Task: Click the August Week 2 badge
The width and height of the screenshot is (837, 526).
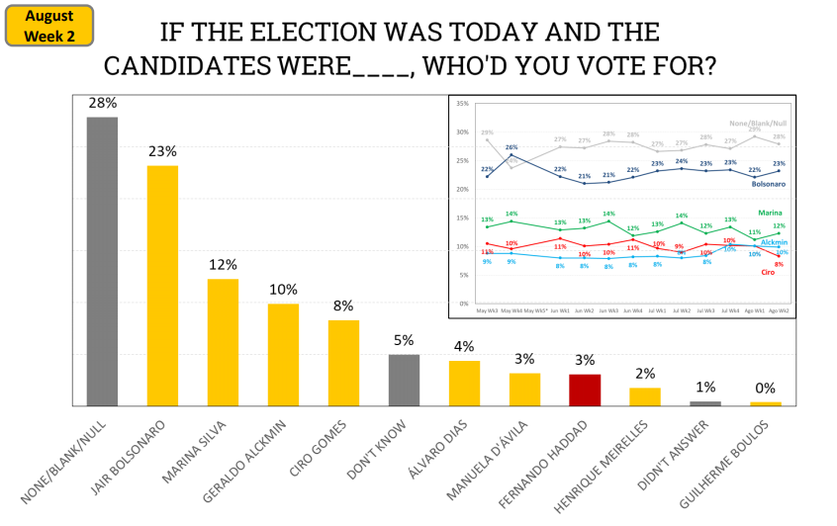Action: (x=49, y=26)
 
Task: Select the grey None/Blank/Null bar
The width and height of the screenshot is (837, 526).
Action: (x=102, y=261)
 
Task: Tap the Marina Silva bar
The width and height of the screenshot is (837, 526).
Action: (x=223, y=342)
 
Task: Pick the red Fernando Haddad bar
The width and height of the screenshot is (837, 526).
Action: (x=585, y=390)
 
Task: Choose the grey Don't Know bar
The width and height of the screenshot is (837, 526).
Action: (x=404, y=380)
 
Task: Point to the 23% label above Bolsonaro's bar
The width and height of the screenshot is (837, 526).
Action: (x=162, y=151)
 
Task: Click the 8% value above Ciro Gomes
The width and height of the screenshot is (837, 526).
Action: (x=343, y=306)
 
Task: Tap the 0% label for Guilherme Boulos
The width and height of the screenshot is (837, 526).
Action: (x=765, y=389)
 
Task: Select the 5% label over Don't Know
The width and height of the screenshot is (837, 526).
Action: (x=404, y=340)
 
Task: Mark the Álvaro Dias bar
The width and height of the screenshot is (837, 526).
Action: (x=464, y=383)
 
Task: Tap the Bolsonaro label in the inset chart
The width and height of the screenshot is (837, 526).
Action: (x=768, y=184)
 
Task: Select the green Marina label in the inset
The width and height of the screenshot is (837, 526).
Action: (x=771, y=212)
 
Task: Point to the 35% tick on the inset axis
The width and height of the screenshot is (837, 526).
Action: (x=461, y=103)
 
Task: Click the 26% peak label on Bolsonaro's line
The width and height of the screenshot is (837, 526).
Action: (x=511, y=147)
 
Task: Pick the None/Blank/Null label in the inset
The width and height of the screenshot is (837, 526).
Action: (x=759, y=123)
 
